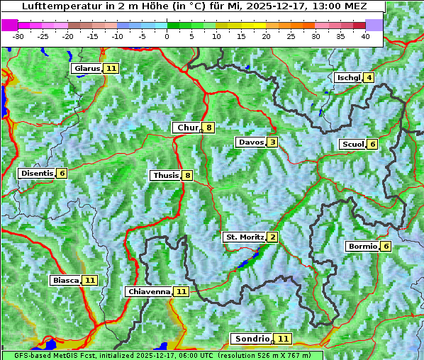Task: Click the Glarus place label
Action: point(86,68)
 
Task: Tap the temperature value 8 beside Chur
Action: point(209,128)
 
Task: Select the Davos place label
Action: point(250,142)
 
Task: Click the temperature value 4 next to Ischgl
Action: point(369,77)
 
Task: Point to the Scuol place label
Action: point(352,144)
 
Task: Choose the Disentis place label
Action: point(37,173)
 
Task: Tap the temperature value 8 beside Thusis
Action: point(187,175)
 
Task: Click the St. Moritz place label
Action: point(244,237)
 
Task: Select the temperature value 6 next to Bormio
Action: point(386,247)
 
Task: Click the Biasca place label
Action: point(65,280)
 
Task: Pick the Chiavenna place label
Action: point(149,291)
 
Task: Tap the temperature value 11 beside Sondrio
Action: point(283,339)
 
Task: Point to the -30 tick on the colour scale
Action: point(18,35)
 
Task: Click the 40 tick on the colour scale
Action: point(365,35)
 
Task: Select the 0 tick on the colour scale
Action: point(167,35)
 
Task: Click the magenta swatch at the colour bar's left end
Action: point(9,25)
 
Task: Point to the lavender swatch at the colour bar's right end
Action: point(374,25)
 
